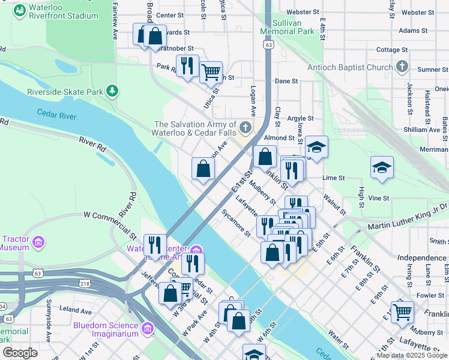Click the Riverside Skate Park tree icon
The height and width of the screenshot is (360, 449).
[112, 91]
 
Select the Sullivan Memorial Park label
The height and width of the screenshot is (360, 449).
[287, 26]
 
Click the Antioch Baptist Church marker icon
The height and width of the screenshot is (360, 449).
[402, 67]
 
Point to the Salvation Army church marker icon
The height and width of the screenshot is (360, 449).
[245, 127]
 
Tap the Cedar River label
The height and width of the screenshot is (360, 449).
[57, 113]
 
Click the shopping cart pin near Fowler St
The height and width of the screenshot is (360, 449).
[402, 311]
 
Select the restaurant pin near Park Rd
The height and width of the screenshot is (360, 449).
[187, 65]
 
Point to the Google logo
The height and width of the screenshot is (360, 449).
[20, 353]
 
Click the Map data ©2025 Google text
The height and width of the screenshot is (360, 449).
[411, 355]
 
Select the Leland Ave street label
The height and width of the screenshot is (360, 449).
[76, 311]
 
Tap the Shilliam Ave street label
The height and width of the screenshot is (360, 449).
[421, 130]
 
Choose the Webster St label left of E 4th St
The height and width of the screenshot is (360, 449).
[303, 11]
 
